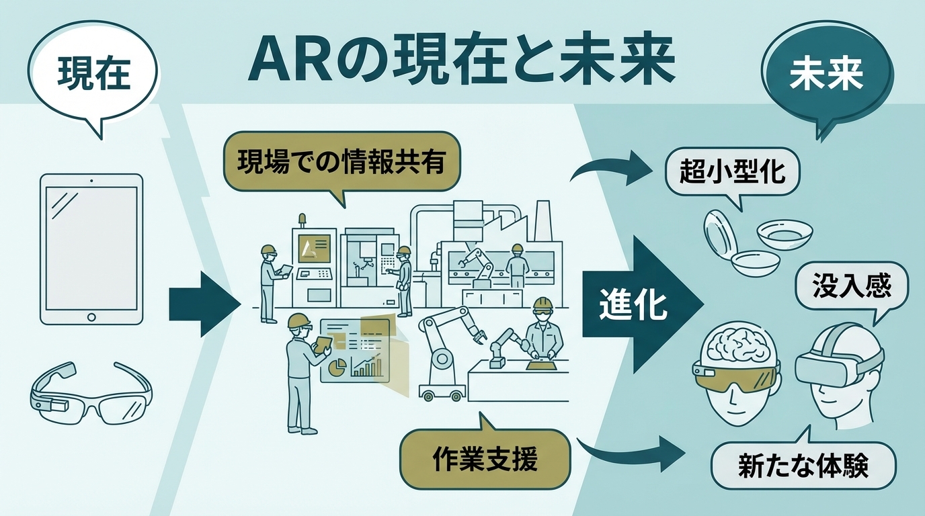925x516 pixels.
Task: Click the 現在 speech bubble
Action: pos(94,75)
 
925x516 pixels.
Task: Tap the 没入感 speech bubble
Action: pos(851,287)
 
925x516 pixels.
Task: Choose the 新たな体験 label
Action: pos(803,465)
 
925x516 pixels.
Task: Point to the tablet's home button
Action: pos(92,316)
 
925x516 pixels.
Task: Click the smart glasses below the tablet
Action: pos(91,396)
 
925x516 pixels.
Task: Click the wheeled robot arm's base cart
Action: pos(442,390)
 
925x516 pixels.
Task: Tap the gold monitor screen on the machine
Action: pos(315,248)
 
